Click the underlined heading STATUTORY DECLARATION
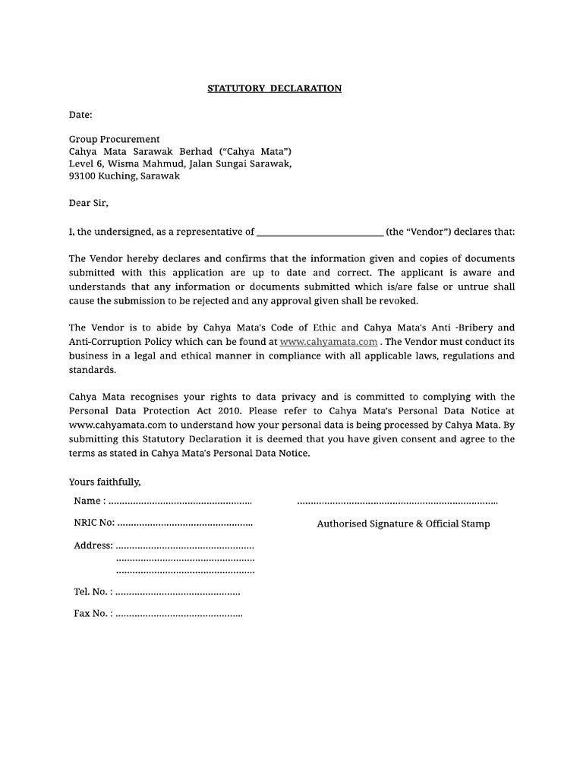[x=275, y=88]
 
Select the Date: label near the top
[x=80, y=115]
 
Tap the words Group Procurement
[x=115, y=139]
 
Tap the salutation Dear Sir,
[x=89, y=203]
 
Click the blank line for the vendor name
[x=320, y=232]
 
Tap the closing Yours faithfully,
[x=105, y=482]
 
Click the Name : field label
[x=90, y=501]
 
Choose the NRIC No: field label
[x=94, y=523]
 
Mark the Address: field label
[x=93, y=546]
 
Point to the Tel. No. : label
[x=93, y=591]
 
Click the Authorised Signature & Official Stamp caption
[x=403, y=523]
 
